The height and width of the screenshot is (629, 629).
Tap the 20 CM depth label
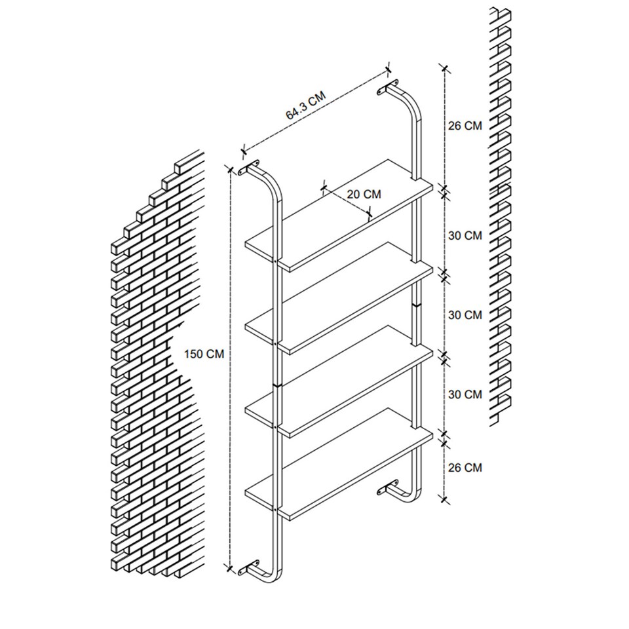tap(364, 194)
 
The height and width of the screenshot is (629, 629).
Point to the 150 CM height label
tap(204, 354)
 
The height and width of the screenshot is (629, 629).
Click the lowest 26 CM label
tap(465, 467)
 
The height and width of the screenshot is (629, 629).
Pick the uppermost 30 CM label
tap(465, 235)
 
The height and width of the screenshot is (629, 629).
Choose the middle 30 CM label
tap(465, 315)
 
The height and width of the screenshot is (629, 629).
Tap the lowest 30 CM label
tap(465, 394)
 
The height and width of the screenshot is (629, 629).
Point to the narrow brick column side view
tap(501, 216)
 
